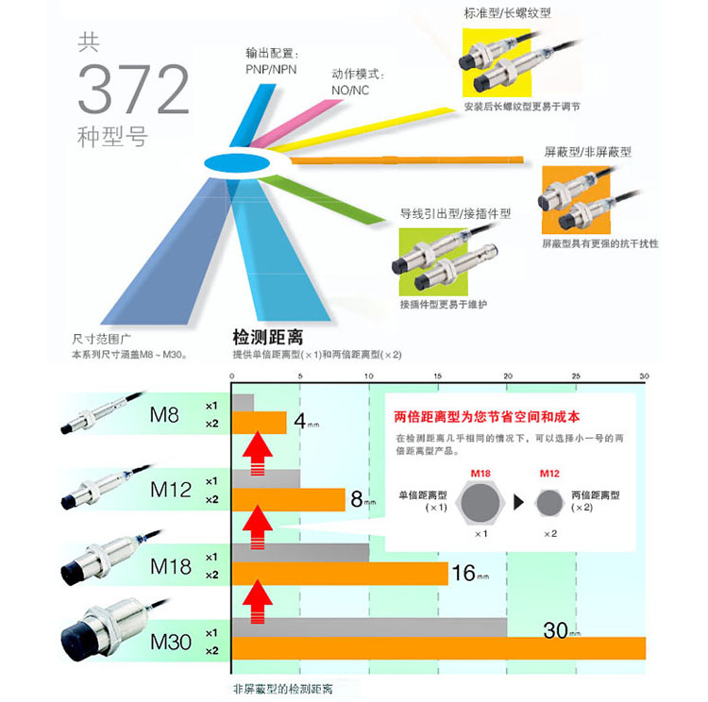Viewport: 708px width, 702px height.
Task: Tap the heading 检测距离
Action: click(x=273, y=336)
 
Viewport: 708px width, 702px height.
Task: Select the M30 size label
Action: click(x=171, y=643)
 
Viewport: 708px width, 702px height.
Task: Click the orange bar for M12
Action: click(x=289, y=499)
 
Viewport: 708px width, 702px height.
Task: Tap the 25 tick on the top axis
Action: click(x=576, y=375)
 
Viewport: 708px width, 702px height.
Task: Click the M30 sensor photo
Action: click(x=104, y=627)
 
